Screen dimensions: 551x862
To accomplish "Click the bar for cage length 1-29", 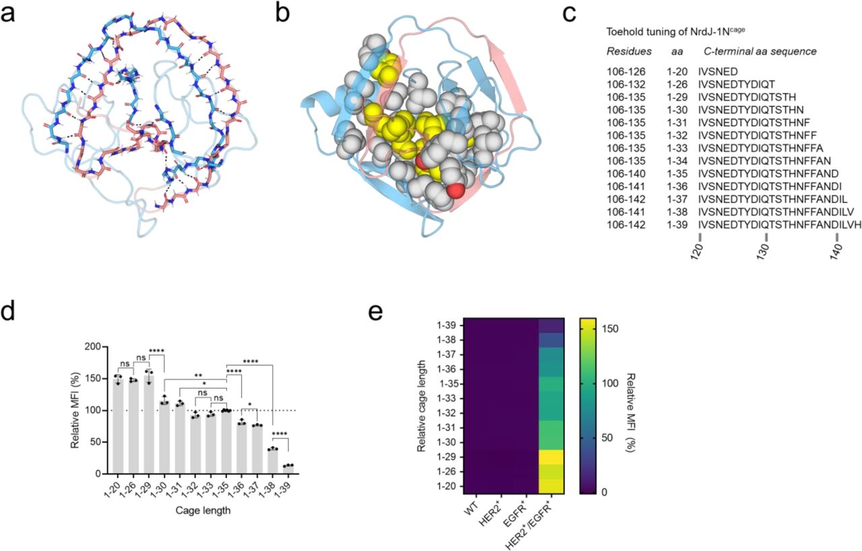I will [150, 425].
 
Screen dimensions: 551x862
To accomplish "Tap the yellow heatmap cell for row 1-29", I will [550, 457].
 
